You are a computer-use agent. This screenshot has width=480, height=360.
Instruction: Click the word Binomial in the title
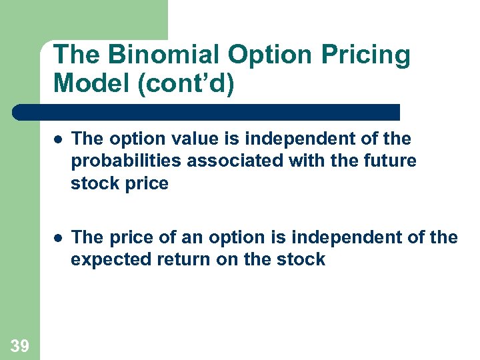click(150, 55)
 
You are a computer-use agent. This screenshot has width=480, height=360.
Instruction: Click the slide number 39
click(20, 345)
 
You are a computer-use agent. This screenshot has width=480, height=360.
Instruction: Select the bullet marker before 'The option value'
click(59, 139)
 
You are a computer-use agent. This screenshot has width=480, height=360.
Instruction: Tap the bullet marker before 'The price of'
click(59, 237)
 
